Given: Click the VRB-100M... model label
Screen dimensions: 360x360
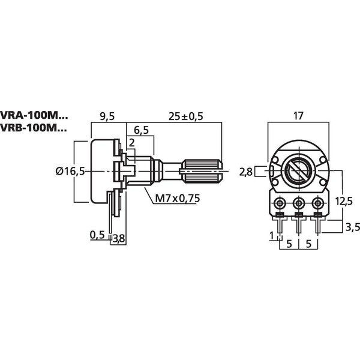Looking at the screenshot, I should (x=34, y=128).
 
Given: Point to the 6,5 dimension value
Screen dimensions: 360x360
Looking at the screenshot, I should (x=142, y=130).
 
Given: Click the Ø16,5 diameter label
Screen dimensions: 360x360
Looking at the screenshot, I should (x=69, y=171).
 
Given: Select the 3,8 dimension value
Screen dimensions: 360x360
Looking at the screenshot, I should (x=119, y=239).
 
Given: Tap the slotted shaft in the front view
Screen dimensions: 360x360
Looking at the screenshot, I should (x=298, y=172).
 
